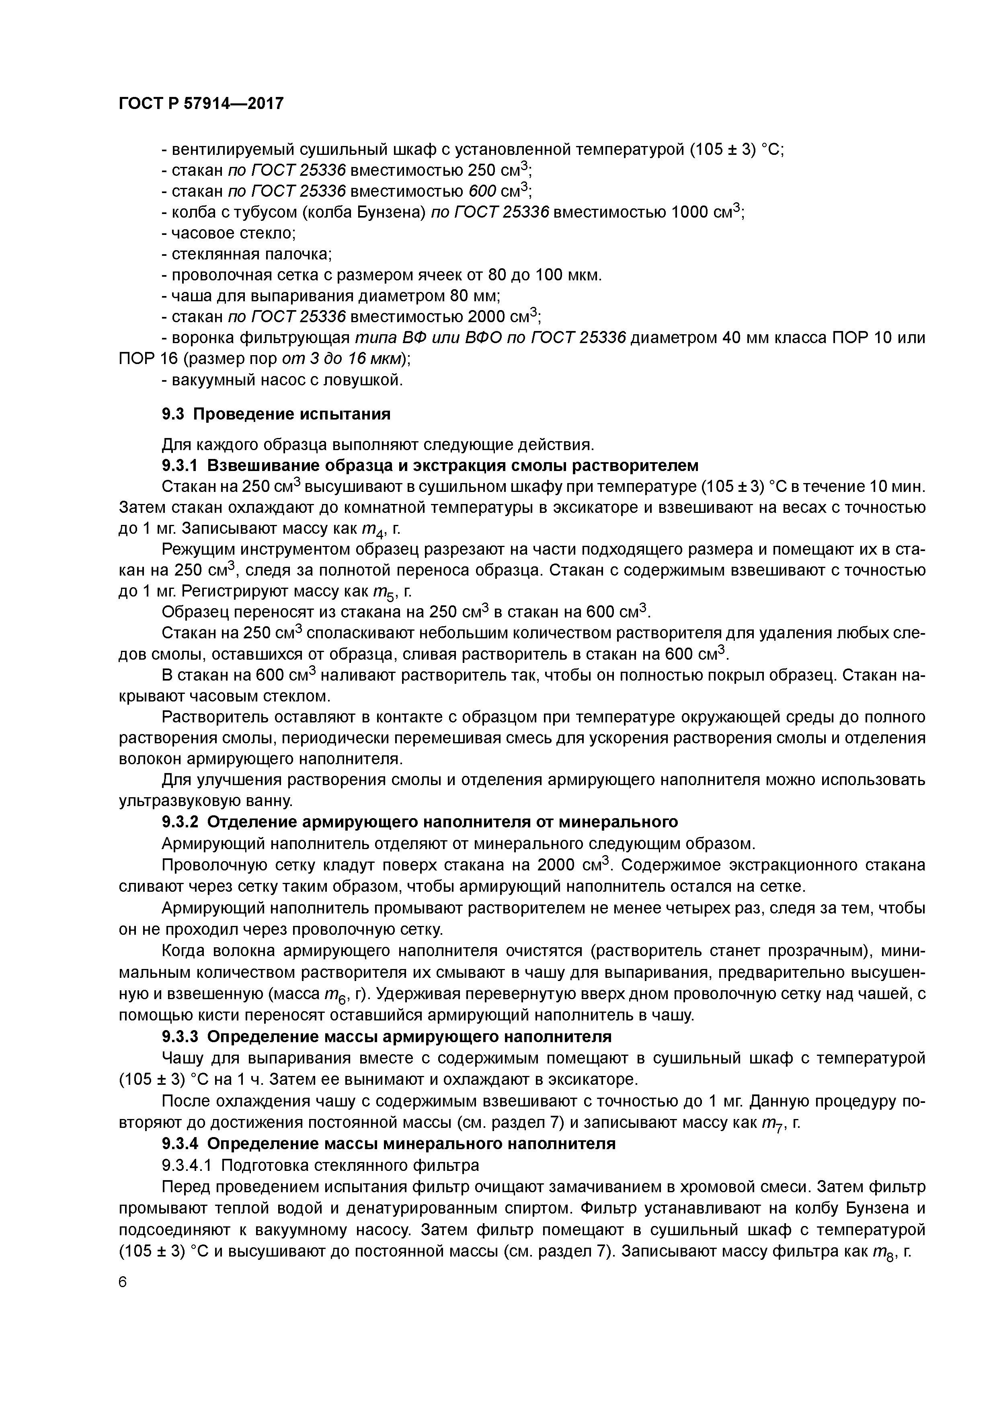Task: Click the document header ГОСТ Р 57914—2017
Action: tap(201, 104)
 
